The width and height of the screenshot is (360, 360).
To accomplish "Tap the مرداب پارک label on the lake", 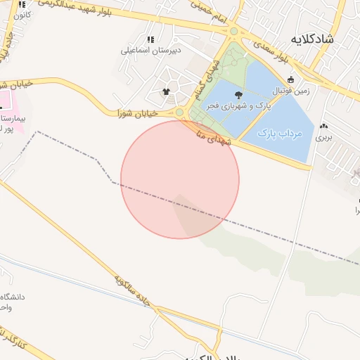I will pos(279,132).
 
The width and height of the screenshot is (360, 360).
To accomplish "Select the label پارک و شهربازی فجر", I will pos(238,105).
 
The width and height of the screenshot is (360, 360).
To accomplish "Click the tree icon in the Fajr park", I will pos(239,94).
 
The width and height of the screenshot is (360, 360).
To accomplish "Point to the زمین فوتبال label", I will pos(291,91).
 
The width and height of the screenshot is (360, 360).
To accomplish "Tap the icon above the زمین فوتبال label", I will pos(291,79).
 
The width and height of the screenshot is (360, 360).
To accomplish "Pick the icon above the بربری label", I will pos(323,127).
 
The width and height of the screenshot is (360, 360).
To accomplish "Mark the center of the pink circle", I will pos(180,179).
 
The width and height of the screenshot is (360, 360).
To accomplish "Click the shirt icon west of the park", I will pos(166,91).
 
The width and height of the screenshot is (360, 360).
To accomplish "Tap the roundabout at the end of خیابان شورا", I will pos(180,112).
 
